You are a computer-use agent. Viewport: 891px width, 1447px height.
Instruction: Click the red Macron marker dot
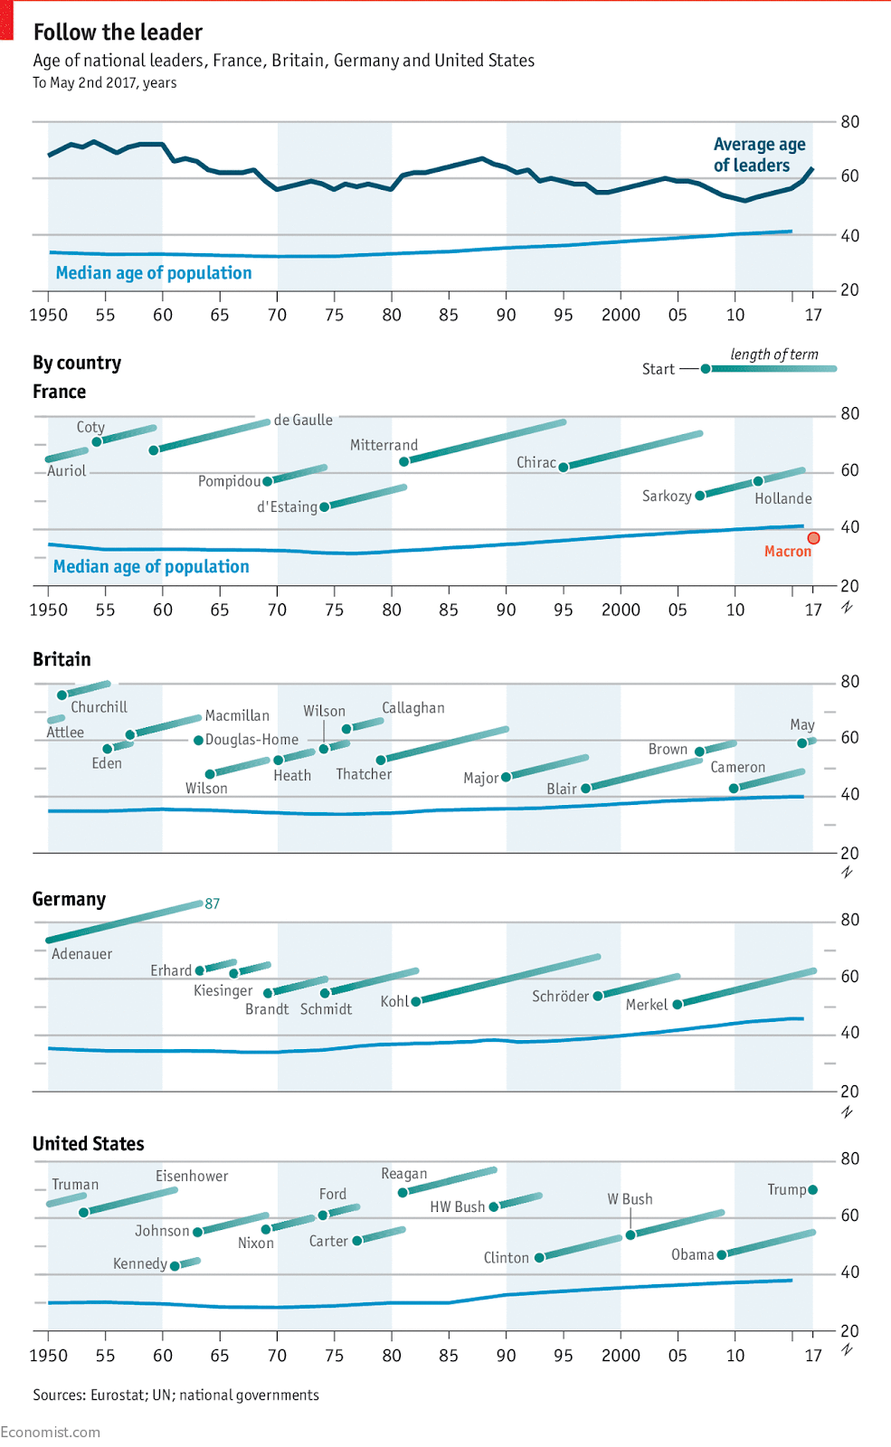813,538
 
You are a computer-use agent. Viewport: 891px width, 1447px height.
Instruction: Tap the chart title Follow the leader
118,33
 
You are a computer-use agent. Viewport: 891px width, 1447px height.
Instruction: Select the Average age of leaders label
759,155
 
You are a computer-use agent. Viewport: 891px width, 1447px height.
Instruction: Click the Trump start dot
812,1190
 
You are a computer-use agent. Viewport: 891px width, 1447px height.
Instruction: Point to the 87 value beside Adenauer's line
213,903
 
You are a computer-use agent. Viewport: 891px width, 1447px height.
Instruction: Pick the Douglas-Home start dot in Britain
199,741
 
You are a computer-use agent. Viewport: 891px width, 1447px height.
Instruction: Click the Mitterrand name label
384,445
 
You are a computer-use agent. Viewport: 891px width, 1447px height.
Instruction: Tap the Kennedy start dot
175,1266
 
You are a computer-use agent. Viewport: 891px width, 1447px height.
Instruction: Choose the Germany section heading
69,899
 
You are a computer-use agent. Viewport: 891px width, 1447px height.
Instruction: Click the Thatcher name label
364,774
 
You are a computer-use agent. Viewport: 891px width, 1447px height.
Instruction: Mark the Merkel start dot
678,1004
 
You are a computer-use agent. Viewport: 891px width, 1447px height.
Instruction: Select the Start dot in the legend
706,369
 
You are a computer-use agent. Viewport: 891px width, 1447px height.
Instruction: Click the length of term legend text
774,355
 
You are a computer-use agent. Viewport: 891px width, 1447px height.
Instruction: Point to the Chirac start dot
564,468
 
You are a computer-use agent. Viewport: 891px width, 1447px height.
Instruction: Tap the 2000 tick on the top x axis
621,315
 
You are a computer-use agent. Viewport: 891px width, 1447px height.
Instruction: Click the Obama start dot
722,1255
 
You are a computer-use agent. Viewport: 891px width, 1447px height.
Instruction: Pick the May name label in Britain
802,724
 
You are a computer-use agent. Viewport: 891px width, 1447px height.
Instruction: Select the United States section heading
89,1144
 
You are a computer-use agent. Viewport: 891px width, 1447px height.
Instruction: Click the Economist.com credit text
51,1432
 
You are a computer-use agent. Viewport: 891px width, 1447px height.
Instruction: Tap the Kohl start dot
416,1001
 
